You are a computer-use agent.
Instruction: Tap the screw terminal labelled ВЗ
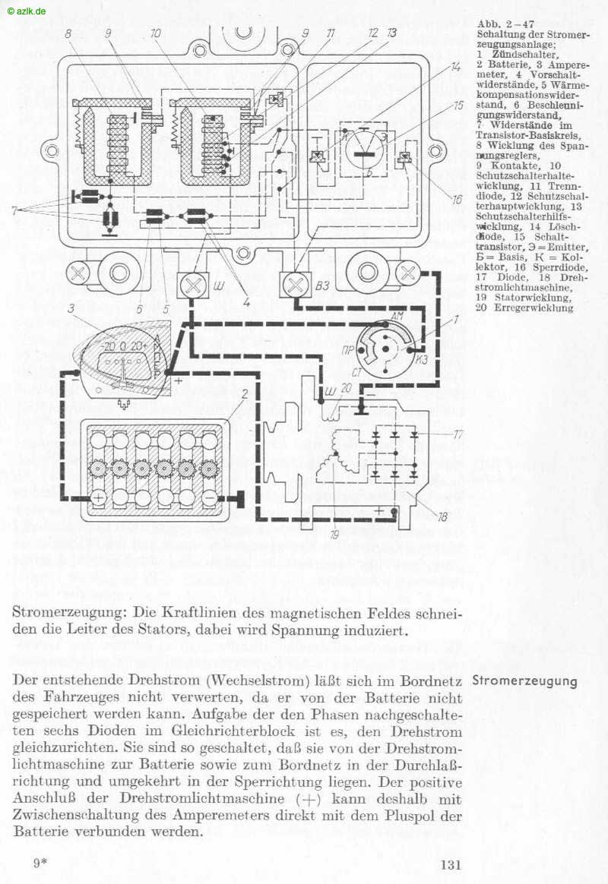point(294,285)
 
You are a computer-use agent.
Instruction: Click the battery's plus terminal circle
point(99,499)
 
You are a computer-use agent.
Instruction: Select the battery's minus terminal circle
point(208,499)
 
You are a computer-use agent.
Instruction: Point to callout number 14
point(455,67)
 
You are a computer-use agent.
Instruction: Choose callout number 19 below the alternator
point(333,535)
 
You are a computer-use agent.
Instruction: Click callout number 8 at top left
point(68,34)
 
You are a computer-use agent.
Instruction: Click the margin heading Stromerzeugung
point(524,680)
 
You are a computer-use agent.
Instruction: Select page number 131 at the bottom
point(451,863)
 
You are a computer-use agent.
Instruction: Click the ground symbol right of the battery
point(242,498)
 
